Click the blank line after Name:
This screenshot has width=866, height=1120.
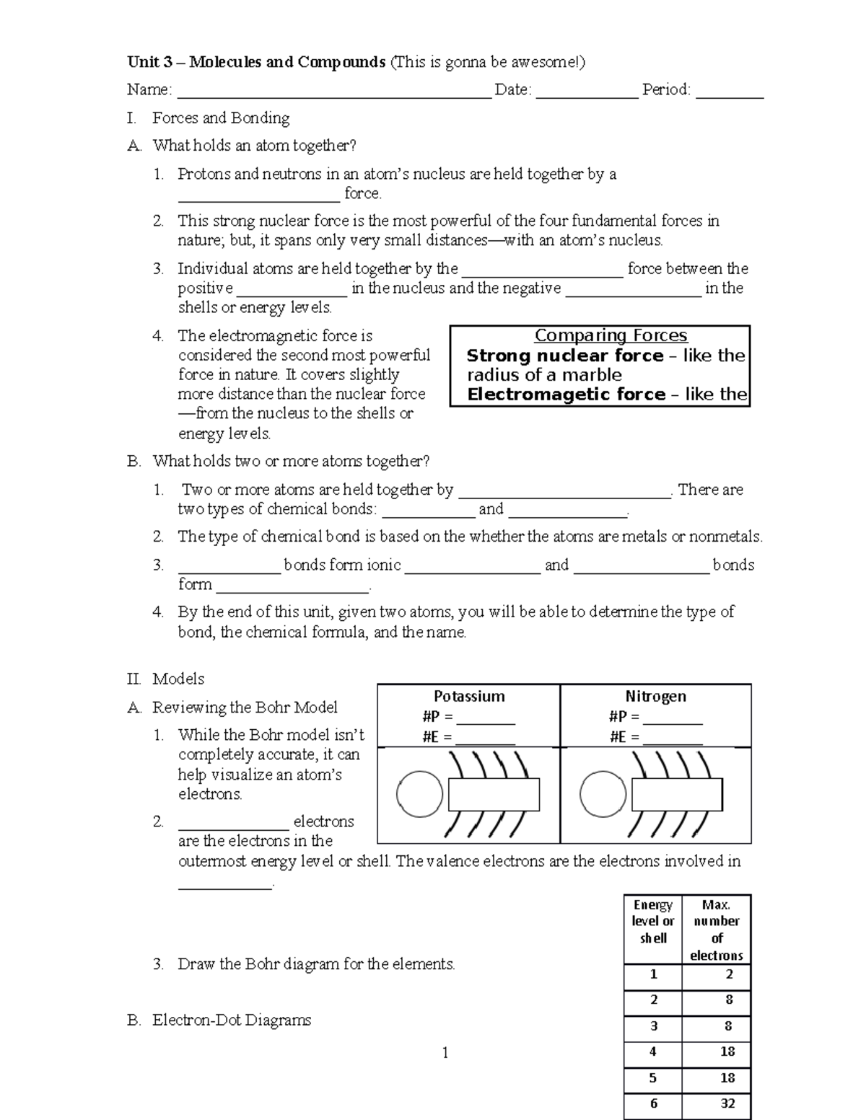pyautogui.click(x=333, y=92)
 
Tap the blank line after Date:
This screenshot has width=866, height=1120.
pyautogui.click(x=587, y=92)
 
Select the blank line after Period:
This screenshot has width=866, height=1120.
pyautogui.click(x=729, y=92)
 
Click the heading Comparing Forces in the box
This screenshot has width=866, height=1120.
pyautogui.click(x=611, y=336)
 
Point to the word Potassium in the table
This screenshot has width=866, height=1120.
pyautogui.click(x=469, y=696)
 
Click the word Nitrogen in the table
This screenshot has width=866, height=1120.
pyautogui.click(x=655, y=696)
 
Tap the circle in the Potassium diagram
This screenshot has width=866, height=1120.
pyautogui.click(x=420, y=794)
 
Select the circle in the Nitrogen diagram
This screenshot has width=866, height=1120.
pyautogui.click(x=603, y=794)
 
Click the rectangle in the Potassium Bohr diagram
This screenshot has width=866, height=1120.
pyautogui.click(x=494, y=795)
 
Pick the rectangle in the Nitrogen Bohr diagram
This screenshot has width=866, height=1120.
pyautogui.click(x=677, y=795)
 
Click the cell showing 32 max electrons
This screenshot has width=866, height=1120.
pyautogui.click(x=727, y=1103)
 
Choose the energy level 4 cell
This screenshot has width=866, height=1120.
pyautogui.click(x=652, y=1051)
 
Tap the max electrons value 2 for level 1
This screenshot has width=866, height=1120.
pyautogui.click(x=729, y=974)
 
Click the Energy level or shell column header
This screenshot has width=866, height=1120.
pyautogui.click(x=652, y=921)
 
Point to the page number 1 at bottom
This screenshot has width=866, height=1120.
pyautogui.click(x=445, y=1053)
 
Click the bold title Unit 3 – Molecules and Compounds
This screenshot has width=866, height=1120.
pyautogui.click(x=256, y=62)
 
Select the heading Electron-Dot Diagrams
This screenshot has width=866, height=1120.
pyautogui.click(x=231, y=1020)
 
